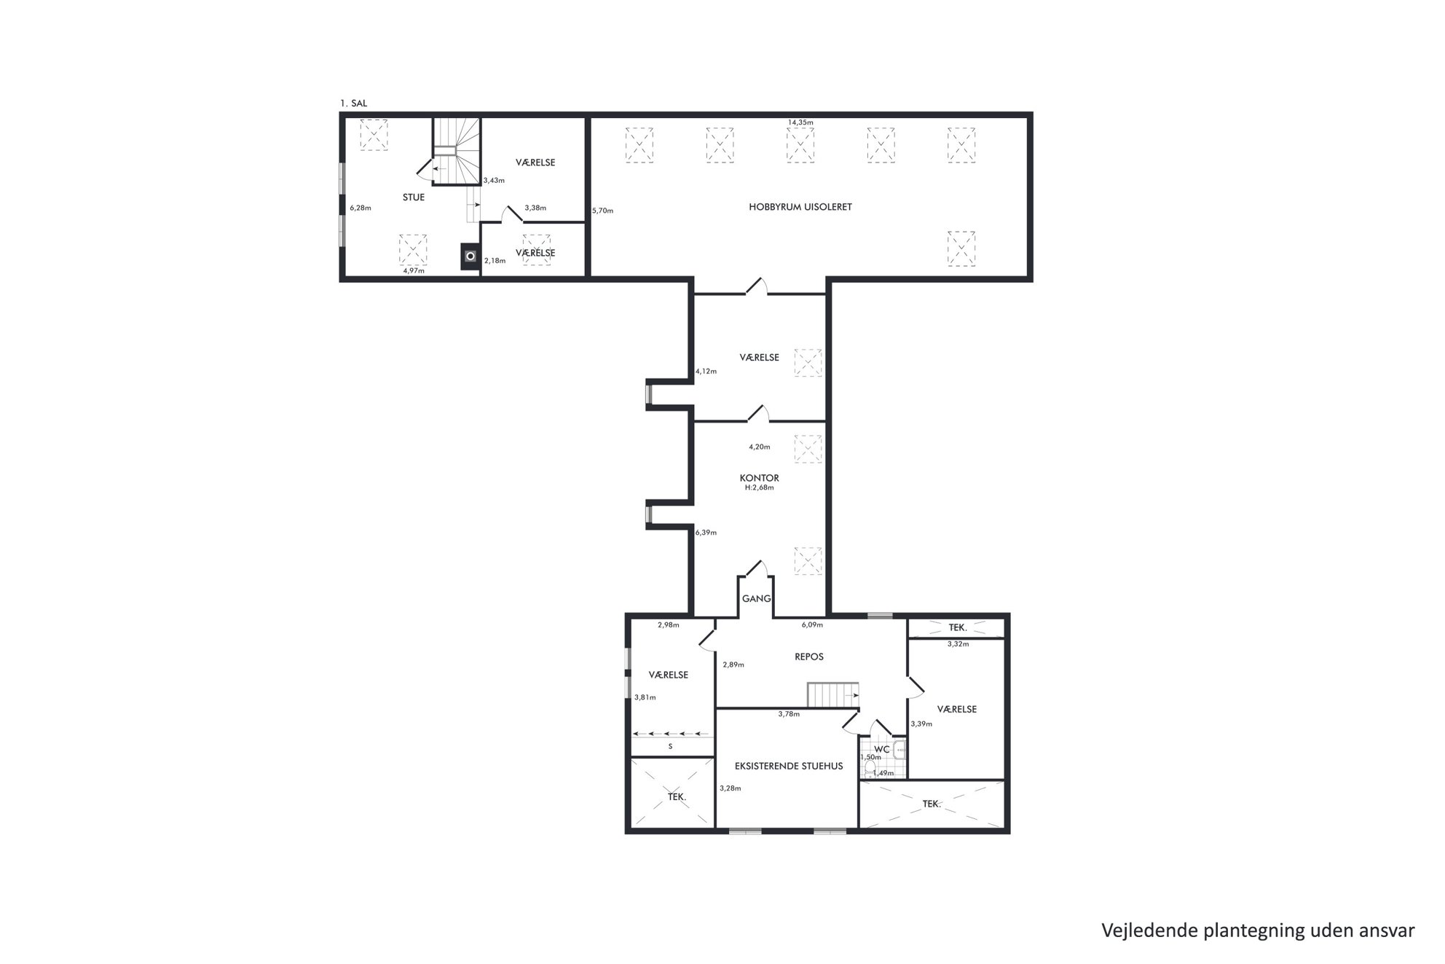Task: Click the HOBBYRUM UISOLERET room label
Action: tap(800, 207)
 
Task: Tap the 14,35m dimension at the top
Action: tap(800, 122)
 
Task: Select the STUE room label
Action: tap(414, 197)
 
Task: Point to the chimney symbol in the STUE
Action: tap(470, 256)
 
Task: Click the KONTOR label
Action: tap(760, 478)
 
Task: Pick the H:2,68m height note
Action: tap(760, 487)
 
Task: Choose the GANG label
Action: tap(757, 599)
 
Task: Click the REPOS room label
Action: tap(809, 657)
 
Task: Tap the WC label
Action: tap(882, 749)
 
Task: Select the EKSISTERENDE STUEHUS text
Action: tap(789, 766)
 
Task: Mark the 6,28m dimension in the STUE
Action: tap(361, 208)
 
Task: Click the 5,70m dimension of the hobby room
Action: tap(603, 211)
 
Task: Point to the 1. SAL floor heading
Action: tap(354, 103)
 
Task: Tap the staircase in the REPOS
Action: tap(832, 695)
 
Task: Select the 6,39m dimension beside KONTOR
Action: tap(706, 533)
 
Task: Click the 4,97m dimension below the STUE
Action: tap(414, 270)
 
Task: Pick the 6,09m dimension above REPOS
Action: tap(813, 624)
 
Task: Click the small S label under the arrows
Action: tap(670, 747)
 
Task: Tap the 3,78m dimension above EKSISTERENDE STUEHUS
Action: tap(789, 714)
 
